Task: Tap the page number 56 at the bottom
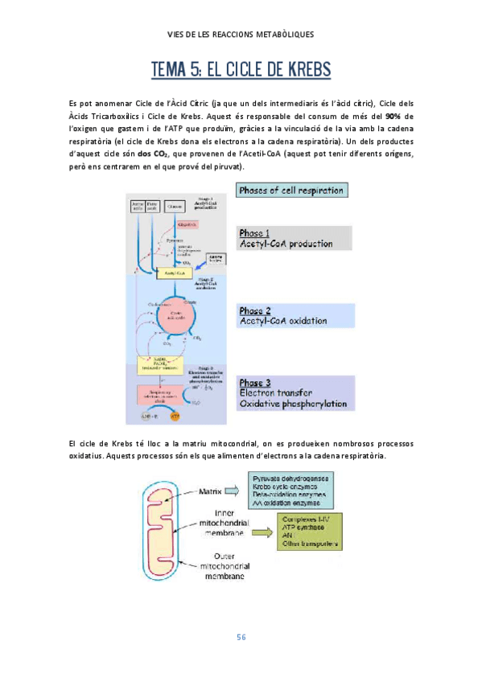(241, 638)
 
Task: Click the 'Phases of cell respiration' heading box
(292, 191)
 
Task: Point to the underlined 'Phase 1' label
(256, 232)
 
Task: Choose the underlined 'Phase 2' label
(256, 310)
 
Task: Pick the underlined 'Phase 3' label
(256, 382)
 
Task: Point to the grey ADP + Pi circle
(149, 417)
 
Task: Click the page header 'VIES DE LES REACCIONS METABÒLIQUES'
(241, 35)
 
